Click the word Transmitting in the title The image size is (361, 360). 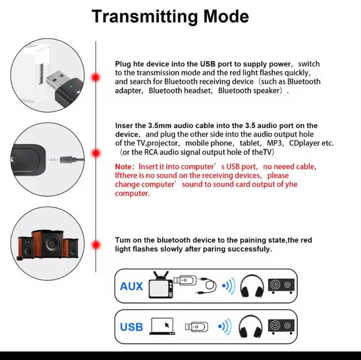click(145, 16)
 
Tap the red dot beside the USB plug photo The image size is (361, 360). click(95, 77)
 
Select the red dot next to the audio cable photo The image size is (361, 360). click(95, 153)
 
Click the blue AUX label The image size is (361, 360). click(131, 286)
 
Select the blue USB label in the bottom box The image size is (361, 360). click(131, 327)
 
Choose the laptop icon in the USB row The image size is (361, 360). click(162, 326)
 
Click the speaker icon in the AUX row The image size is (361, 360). click(281, 285)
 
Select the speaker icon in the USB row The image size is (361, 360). click(281, 326)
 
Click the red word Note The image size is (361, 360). click(123, 167)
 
